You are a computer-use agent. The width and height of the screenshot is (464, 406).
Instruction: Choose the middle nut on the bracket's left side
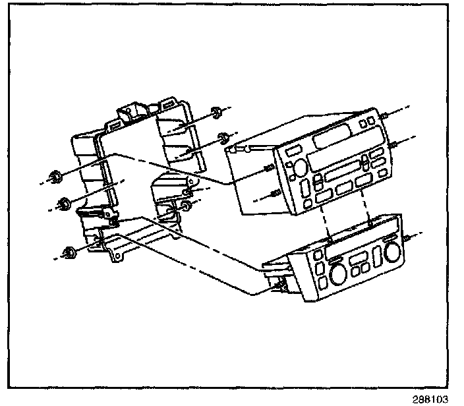[63, 202]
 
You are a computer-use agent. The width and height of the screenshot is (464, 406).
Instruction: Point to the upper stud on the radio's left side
[268, 168]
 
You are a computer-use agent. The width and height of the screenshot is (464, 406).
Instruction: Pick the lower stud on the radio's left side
[275, 193]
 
